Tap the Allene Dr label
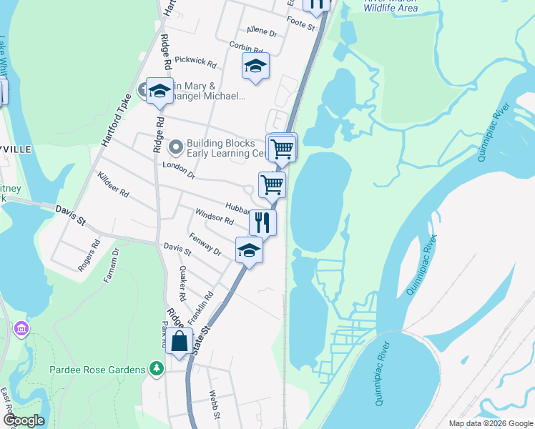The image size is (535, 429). pos(262,31)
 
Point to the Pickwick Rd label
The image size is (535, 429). pos(195,61)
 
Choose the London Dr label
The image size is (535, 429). pos(179,169)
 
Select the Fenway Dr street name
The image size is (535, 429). pos(205,244)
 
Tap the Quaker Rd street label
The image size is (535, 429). pos(183,283)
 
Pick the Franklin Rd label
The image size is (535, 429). pos(201,307)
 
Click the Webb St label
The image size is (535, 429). pos(213,402)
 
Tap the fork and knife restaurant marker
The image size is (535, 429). pos(262,222)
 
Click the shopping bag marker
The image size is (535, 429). pos(180,341)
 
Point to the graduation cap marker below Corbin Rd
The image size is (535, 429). pos(255,66)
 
